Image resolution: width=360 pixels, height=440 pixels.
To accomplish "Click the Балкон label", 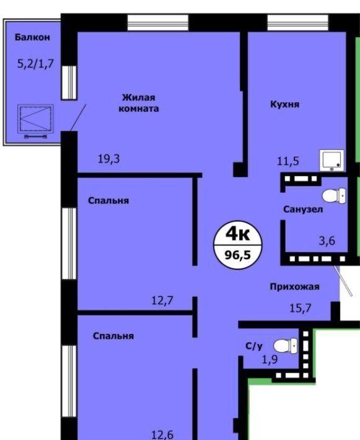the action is coord(32,37).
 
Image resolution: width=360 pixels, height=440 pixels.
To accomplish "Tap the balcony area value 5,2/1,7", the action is coord(35,64).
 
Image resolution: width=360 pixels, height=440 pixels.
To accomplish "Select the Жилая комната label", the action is coord(139,103).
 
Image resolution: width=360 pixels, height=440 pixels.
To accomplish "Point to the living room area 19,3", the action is coord(108,159).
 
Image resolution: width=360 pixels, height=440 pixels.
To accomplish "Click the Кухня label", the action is coord(285,104).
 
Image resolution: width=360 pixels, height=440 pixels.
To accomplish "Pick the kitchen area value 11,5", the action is coord(288,161).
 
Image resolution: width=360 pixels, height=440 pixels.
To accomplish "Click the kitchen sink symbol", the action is coord(331,161).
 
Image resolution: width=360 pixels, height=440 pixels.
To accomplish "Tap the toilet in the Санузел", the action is coord(334,196).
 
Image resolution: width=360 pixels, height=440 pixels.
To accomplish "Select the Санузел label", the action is coord(303,209).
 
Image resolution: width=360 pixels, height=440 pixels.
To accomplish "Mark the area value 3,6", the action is coord(327,241).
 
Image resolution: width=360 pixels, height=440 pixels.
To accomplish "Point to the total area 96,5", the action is coord(238,255).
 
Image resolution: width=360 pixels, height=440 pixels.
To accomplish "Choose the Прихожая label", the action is coord(294,287).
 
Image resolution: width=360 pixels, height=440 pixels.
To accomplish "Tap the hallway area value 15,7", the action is coord(301,308).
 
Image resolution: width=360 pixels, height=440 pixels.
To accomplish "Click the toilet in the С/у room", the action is coord(286,346).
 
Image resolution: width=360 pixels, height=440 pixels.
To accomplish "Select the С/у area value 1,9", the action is coord(270,359).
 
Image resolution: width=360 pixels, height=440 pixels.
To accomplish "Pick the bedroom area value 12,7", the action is coord(162,301).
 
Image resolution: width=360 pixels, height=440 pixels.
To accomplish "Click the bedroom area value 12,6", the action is coord(162,435).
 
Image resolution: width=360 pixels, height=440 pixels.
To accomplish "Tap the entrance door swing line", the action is coord(343,280).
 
